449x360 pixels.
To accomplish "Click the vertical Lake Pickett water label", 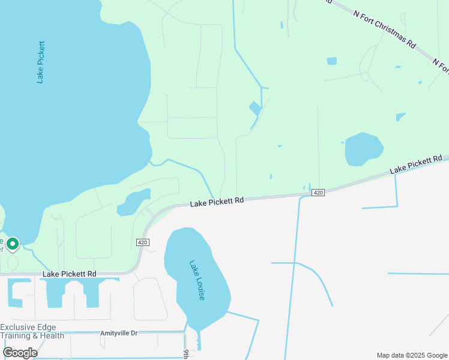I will coord(41,62).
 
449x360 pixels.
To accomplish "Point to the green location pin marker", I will coord(12,244).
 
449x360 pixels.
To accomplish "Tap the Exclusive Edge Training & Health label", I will coord(32,331).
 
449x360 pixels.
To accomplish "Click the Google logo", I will coord(20,352).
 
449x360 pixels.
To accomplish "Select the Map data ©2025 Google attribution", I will coord(412,355).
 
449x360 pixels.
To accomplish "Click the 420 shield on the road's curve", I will coord(142,242).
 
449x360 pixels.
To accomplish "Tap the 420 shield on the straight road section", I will coord(318,192).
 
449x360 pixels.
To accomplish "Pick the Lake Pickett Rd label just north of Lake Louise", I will coord(217,202).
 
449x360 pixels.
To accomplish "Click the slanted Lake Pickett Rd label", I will coord(416,165).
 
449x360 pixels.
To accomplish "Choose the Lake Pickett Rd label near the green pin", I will coord(70,274).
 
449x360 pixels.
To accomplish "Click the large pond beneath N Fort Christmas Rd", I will coord(363,148).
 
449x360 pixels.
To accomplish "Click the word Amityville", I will coord(112,332).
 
